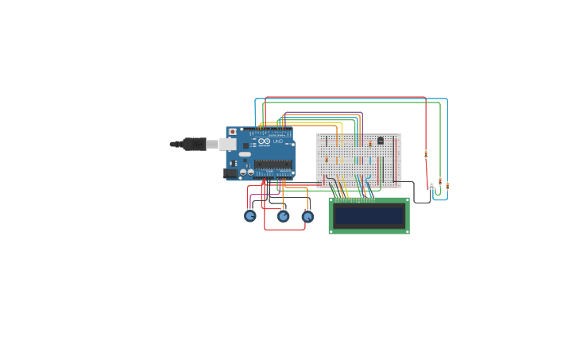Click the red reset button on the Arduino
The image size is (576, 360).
point(232,132)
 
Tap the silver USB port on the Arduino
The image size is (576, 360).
point(228,144)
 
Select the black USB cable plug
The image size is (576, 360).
point(194,144)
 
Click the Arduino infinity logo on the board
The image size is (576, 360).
point(264,141)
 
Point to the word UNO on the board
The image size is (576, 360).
point(278,141)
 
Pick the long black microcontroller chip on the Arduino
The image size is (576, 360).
point(272,165)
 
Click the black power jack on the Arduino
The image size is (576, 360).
point(231,172)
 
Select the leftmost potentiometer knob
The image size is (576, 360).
point(250,215)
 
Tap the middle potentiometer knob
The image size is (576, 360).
point(283,215)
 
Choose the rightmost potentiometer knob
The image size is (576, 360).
point(307,215)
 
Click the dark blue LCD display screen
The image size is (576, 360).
point(369,215)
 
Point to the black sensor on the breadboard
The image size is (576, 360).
point(381,141)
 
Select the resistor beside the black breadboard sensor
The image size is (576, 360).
point(370,144)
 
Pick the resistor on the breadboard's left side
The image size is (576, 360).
point(326,160)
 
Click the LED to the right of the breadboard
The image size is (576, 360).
point(432,184)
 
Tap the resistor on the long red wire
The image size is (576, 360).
point(426,154)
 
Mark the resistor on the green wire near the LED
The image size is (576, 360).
point(439,181)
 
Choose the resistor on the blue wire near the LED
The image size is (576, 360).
point(446,186)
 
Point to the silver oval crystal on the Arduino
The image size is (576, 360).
point(245,154)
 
